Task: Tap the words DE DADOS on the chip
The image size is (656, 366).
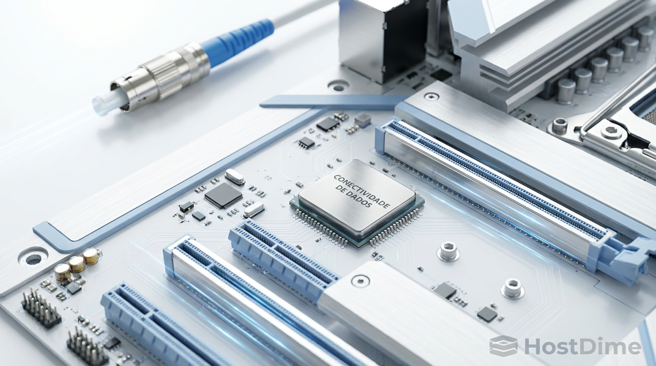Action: [x=354, y=197]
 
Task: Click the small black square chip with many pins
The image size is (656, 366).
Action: [x=224, y=195]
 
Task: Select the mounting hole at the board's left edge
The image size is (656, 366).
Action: [x=33, y=259]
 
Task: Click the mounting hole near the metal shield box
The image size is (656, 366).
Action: [x=338, y=86]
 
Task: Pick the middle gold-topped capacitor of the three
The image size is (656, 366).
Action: [x=77, y=264]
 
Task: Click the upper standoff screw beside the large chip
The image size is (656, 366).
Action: [x=448, y=251]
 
